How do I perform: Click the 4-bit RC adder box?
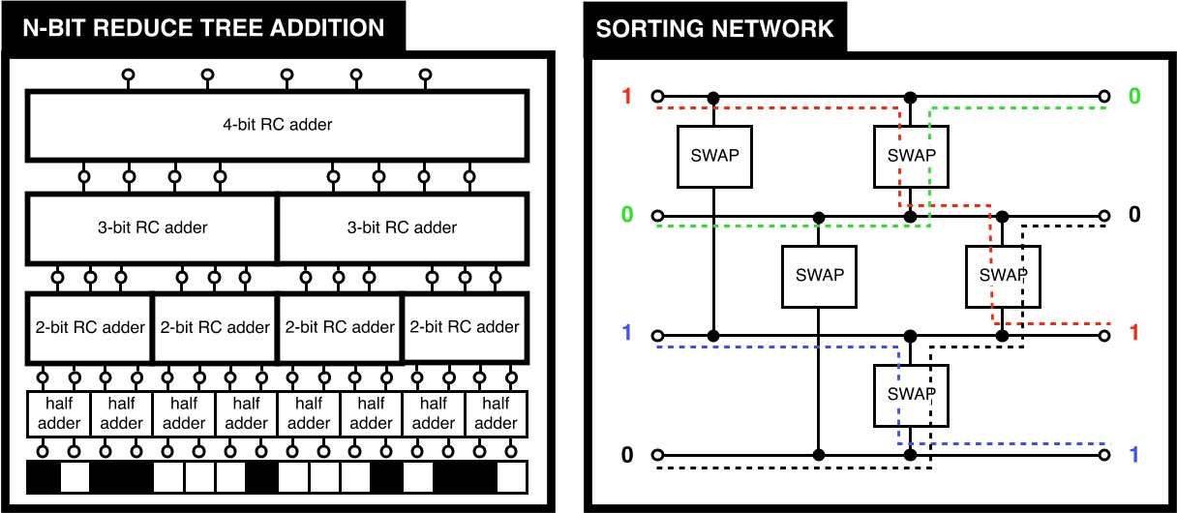[x=277, y=125]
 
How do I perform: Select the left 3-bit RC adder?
[x=152, y=228]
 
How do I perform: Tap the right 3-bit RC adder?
[x=402, y=228]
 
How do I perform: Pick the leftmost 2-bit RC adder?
[x=89, y=327]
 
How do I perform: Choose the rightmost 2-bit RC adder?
[x=465, y=327]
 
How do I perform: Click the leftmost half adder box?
[x=58, y=413]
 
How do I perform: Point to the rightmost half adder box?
[x=496, y=413]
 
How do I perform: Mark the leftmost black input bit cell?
[x=43, y=477]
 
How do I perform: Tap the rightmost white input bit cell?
[x=511, y=477]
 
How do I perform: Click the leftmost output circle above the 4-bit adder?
[x=127, y=75]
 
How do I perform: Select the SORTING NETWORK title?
[x=714, y=28]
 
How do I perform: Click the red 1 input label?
[x=626, y=97]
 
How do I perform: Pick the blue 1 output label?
[x=1134, y=454]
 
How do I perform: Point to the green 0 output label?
[x=1134, y=97]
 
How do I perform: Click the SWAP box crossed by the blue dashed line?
[x=911, y=395]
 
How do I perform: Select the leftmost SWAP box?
[x=714, y=156]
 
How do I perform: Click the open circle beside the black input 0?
[x=657, y=455]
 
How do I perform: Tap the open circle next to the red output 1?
[x=1103, y=336]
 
